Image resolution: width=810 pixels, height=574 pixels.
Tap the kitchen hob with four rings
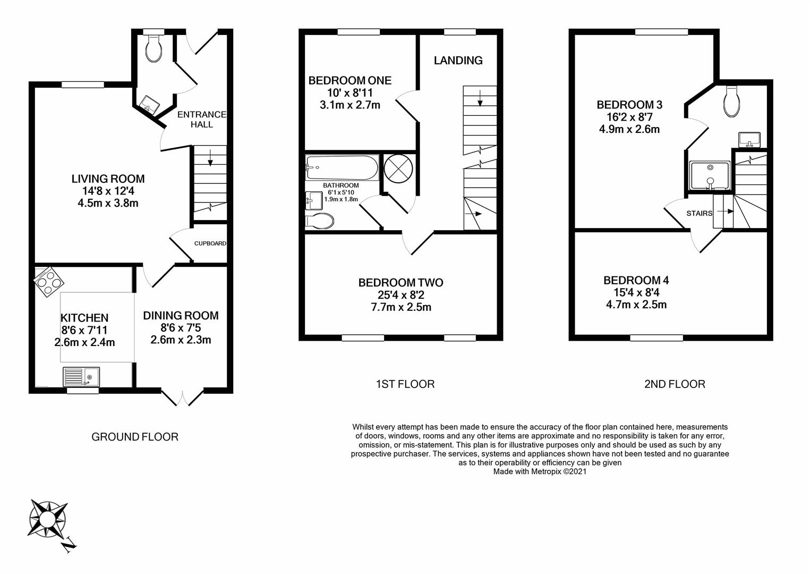[49, 282]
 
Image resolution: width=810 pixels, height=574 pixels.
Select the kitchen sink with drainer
[81, 377]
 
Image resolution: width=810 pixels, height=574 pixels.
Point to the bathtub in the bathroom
[342, 167]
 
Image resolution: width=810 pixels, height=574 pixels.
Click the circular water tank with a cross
[398, 168]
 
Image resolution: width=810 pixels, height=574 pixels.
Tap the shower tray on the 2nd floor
[710, 175]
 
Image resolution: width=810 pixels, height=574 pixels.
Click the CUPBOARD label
[210, 243]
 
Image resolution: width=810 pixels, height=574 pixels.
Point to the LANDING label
[458, 61]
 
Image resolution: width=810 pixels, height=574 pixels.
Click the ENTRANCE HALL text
[202, 120]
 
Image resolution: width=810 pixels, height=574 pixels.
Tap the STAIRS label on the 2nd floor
[700, 214]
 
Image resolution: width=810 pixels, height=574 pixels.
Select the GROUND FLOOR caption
[135, 437]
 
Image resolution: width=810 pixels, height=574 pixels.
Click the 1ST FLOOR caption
[405, 384]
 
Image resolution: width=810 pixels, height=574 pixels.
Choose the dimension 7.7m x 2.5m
[401, 308]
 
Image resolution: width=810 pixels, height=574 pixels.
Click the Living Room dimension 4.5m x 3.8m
[108, 204]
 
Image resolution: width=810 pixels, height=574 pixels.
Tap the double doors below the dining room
[183, 398]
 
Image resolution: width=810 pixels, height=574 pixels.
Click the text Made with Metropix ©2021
[540, 471]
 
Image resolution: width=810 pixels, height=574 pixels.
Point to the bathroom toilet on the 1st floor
[319, 221]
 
